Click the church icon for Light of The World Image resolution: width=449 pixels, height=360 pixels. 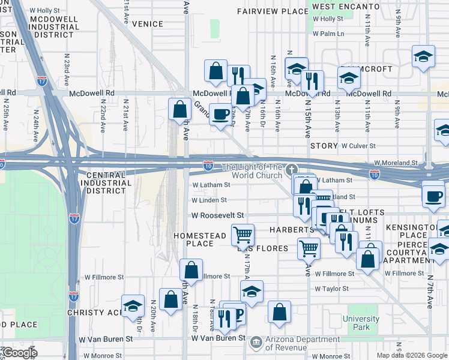tap(292, 169)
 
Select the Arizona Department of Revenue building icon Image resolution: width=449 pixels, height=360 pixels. tap(256, 341)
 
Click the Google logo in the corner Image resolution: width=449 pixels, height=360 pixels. tap(19, 353)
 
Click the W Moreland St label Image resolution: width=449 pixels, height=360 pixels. tap(396, 163)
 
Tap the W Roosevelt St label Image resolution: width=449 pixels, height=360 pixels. tap(217, 215)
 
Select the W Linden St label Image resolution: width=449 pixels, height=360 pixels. tap(209, 200)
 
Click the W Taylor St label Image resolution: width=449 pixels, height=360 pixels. tap(332, 289)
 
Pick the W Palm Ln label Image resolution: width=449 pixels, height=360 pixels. tap(328, 34)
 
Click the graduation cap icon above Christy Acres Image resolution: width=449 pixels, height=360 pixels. tap(133, 305)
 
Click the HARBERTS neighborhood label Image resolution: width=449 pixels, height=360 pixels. tap(291, 230)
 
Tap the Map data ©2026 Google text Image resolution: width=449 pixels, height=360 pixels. tap(412, 355)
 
